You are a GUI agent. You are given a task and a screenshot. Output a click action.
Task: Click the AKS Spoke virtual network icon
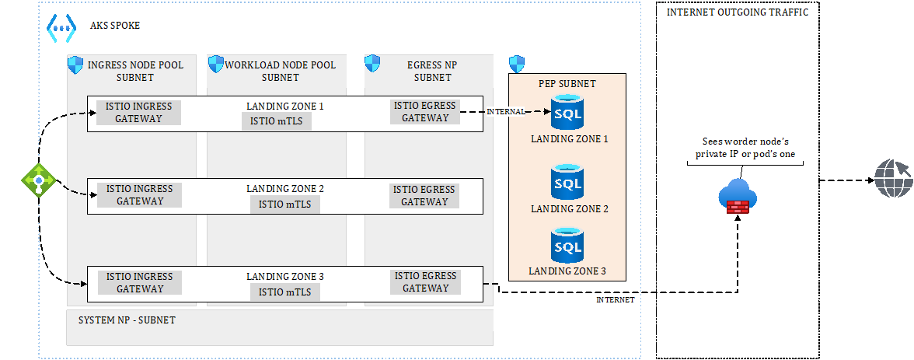[x=61, y=27]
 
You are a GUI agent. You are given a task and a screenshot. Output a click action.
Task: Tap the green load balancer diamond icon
[x=37, y=180]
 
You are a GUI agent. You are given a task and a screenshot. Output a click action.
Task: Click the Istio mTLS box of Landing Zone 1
[x=281, y=121]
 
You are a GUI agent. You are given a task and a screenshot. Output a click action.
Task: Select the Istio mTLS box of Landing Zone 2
[x=284, y=204]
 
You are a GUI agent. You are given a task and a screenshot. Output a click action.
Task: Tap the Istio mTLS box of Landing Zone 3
[x=284, y=292]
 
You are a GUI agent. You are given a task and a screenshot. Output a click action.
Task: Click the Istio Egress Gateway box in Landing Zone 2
[x=424, y=196]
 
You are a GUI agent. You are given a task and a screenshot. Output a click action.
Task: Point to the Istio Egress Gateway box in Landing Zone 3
[x=426, y=282]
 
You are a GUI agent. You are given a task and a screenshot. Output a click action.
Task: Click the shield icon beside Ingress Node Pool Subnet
[x=75, y=65]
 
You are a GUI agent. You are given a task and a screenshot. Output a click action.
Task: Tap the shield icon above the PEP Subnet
[x=517, y=65]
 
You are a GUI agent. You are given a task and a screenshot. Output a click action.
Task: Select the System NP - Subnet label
[x=127, y=320]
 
